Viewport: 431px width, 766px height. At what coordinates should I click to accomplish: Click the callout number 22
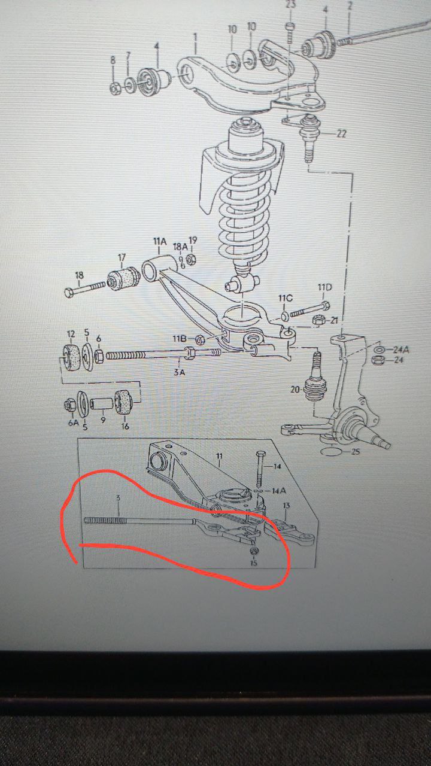[x=341, y=133]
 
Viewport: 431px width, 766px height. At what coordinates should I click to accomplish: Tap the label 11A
[x=159, y=242]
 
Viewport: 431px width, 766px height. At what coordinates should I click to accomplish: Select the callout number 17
[x=122, y=257]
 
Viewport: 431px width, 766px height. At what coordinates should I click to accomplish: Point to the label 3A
[x=179, y=372]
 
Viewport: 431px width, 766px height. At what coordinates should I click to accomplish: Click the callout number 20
[x=295, y=389]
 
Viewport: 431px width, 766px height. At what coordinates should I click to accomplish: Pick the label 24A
[x=400, y=349]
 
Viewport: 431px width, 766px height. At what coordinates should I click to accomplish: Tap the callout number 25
[x=356, y=452]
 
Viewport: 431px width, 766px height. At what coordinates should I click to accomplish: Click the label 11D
[x=324, y=287]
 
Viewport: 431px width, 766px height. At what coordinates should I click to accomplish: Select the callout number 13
[x=286, y=506]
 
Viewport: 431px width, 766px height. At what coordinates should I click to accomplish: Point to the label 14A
[x=279, y=491]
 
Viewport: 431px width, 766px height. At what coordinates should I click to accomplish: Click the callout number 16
[x=125, y=426]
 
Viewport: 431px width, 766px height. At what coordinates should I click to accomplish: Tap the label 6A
[x=73, y=422]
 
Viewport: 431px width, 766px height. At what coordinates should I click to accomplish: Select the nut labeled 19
[x=192, y=259]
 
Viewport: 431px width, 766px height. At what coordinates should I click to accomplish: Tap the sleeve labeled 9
[x=102, y=403]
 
